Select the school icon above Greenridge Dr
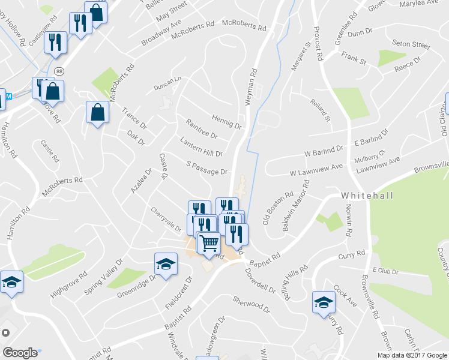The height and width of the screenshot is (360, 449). point(165,263)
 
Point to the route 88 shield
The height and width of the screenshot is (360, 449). point(58,71)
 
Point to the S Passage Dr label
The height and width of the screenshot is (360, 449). point(207,167)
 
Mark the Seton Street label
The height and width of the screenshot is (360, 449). point(411,44)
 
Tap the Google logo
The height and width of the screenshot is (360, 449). point(20,353)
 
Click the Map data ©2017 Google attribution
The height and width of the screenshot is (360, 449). point(412,355)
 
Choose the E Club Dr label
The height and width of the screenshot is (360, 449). point(385,271)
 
